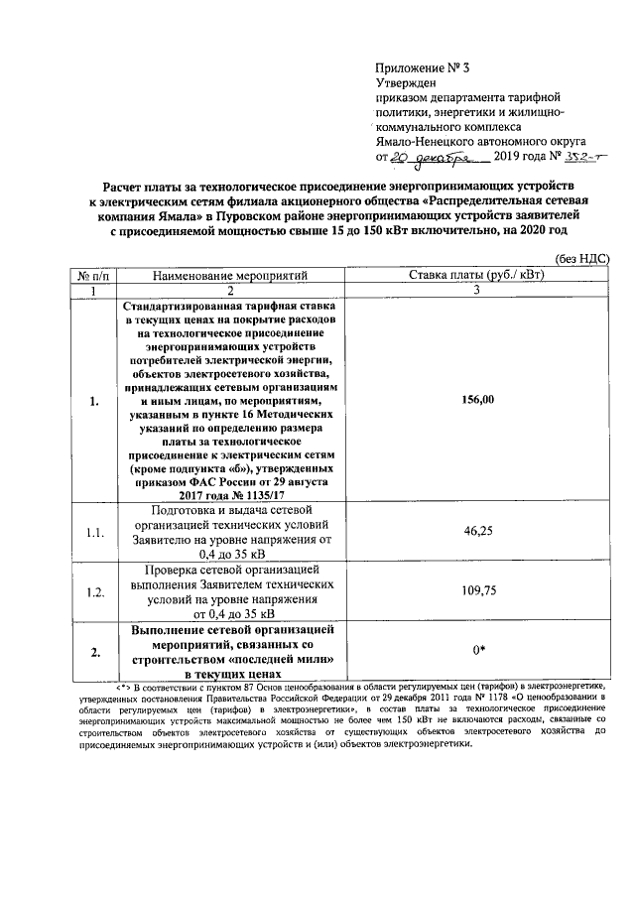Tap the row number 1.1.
[x=94, y=533]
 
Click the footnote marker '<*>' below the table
[x=126, y=686]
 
